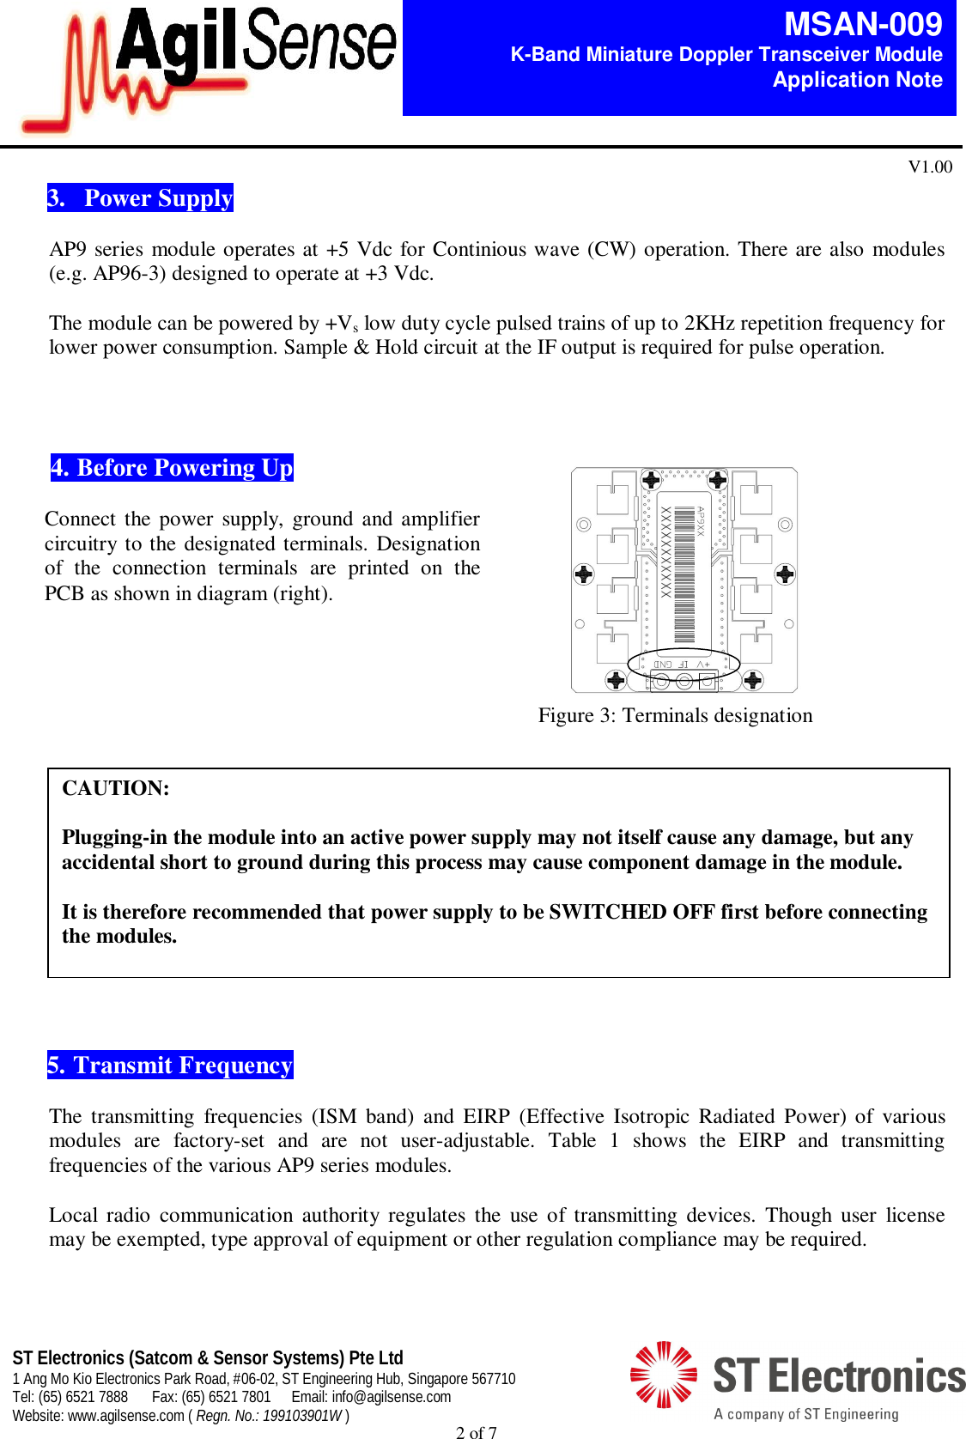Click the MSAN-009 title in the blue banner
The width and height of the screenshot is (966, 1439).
862,24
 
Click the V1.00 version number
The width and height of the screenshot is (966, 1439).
930,167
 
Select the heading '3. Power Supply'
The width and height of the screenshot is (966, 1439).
140,198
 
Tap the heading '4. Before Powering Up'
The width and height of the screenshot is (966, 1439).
172,468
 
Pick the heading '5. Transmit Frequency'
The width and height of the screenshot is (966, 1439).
170,1066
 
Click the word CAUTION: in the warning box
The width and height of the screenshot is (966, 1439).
116,788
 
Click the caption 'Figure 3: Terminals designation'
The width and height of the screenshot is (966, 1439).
675,715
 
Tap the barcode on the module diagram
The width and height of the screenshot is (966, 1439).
684,574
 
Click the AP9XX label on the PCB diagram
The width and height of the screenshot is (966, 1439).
700,521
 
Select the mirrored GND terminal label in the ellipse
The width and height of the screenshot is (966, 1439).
663,665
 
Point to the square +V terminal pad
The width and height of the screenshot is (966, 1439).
707,682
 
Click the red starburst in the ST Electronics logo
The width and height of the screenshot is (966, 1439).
663,1375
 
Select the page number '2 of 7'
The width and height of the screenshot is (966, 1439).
476,1431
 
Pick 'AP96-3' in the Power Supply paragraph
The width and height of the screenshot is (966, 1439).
123,274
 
